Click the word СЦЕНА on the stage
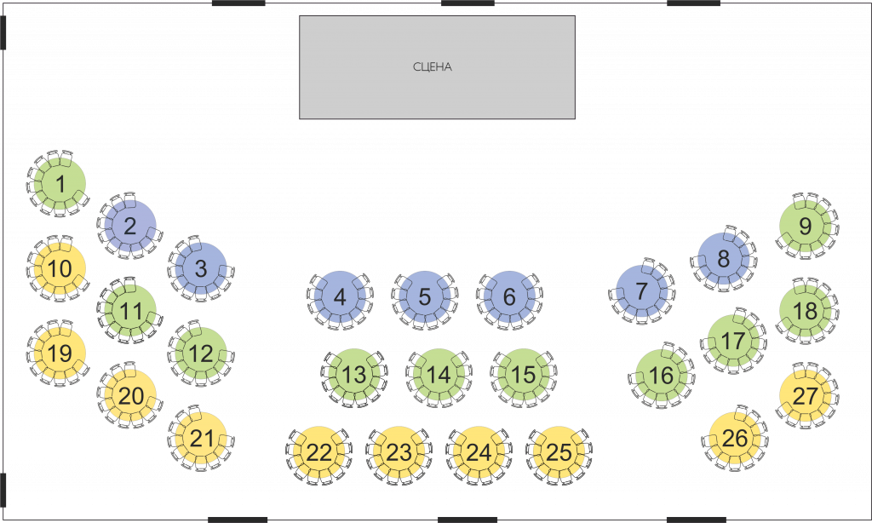coord(432,66)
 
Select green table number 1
coord(60,184)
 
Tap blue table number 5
coord(424,297)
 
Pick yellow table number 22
coord(318,452)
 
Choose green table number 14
coord(439,375)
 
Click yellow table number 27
coord(806,396)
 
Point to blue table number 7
coord(642,291)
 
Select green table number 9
coord(806,227)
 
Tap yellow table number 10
coord(60,268)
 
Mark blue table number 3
coord(201,268)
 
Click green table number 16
coord(661,376)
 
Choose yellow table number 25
coord(559,452)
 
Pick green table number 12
coord(201,353)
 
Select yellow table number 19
coord(60,353)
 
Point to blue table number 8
coord(724,259)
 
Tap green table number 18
coord(806,311)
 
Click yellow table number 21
coord(201,439)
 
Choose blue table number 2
coord(130,227)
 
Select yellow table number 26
coord(735,439)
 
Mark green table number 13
coord(353,375)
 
